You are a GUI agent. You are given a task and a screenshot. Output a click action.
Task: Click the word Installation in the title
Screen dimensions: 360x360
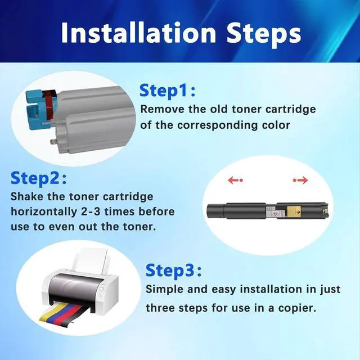point(138,33)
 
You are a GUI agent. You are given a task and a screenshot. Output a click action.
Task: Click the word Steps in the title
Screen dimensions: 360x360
point(264,35)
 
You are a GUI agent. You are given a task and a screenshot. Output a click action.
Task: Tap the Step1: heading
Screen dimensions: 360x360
point(168,91)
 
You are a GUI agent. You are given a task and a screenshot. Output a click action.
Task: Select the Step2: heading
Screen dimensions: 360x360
point(39,178)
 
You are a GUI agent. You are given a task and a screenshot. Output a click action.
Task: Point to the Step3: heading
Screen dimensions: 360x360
point(174,271)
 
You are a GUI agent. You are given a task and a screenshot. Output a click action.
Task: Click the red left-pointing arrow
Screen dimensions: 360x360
point(235,180)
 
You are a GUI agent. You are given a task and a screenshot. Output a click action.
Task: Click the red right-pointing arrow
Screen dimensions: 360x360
point(300,180)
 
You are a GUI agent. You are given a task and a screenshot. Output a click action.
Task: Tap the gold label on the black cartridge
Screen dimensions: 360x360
point(295,211)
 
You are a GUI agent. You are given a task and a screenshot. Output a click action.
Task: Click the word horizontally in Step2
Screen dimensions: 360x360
point(43,211)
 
